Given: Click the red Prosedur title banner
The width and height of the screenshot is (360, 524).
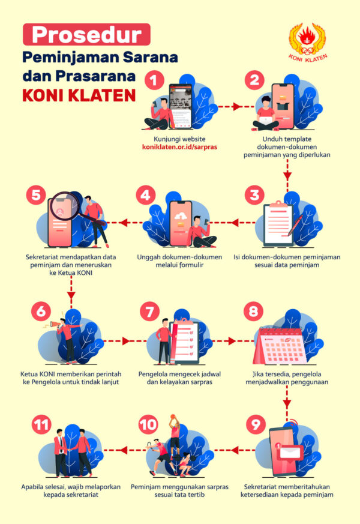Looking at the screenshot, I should (86, 34).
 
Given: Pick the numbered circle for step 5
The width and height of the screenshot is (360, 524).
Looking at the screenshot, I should (37, 194).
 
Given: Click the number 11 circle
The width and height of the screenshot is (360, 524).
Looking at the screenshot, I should (41, 426).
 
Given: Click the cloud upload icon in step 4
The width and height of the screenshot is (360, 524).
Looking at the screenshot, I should (181, 217).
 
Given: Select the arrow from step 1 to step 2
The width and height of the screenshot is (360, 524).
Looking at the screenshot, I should (224, 107).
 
